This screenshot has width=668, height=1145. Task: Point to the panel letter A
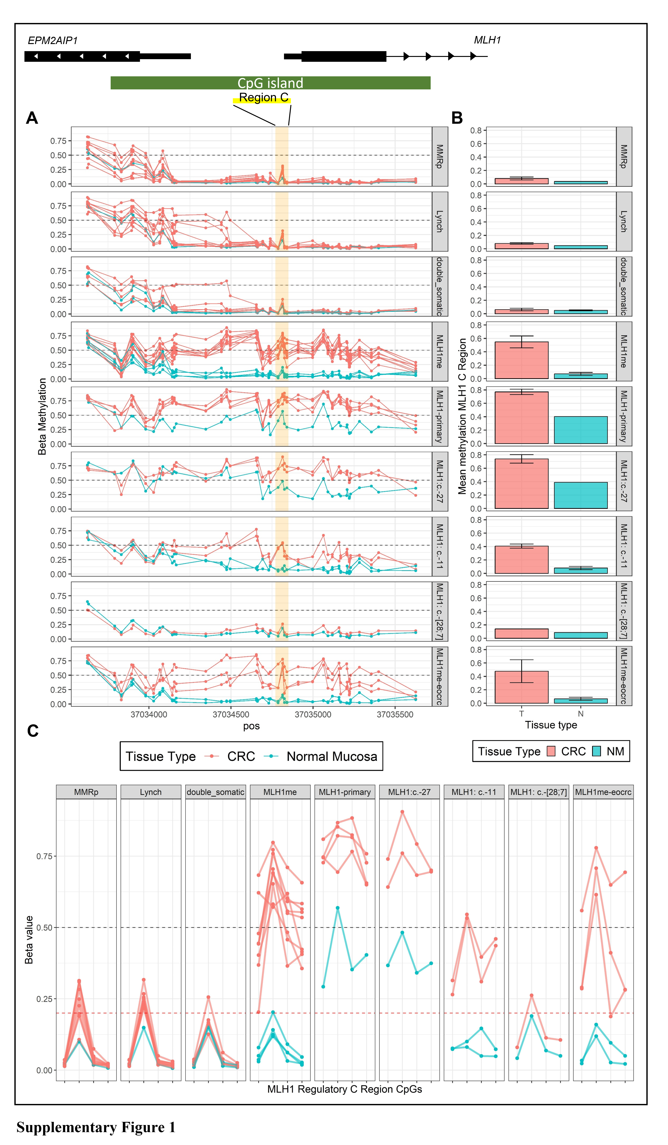point(32,118)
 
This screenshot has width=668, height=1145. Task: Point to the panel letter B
point(457,118)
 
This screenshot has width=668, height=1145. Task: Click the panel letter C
point(33,731)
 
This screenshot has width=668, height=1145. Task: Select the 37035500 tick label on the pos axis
point(395,714)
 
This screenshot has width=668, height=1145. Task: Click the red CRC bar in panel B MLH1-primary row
point(521,418)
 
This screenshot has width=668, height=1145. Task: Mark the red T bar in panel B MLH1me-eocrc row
point(521,687)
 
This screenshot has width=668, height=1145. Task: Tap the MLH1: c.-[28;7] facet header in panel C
point(539,792)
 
